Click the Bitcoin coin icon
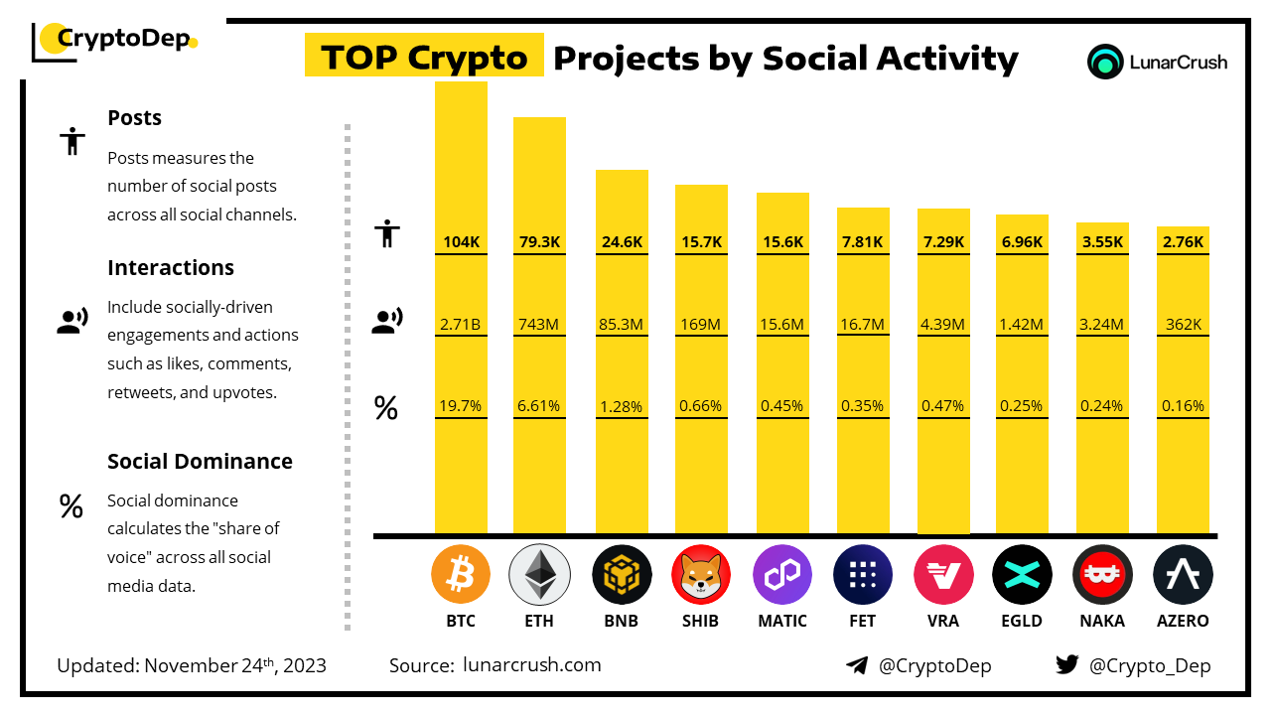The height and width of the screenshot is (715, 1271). click(461, 575)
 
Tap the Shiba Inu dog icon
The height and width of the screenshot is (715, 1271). click(700, 575)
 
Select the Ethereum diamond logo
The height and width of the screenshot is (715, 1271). click(539, 575)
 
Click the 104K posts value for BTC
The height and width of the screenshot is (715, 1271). click(461, 241)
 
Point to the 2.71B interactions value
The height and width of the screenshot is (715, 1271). click(461, 323)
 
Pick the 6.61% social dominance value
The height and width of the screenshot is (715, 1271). click(539, 405)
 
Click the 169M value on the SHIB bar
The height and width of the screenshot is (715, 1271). click(701, 323)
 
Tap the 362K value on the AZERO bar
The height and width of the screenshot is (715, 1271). click(1183, 323)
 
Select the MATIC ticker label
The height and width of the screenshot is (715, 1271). click(781, 621)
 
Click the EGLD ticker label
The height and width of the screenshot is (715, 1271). click(1022, 621)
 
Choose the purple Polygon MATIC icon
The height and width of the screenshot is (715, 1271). click(781, 575)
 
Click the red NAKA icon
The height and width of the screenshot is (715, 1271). click(1102, 575)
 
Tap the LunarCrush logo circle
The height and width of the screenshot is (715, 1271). click(1105, 62)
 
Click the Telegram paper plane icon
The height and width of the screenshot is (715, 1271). click(857, 665)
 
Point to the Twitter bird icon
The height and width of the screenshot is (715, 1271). click(1067, 665)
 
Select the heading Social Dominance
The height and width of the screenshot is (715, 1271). click(200, 461)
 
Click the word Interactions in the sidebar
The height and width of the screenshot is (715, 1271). click(171, 267)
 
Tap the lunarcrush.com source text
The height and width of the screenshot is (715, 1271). click(532, 664)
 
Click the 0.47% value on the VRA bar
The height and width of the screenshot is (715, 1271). click(942, 405)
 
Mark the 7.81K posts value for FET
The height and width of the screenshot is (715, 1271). click(863, 241)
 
